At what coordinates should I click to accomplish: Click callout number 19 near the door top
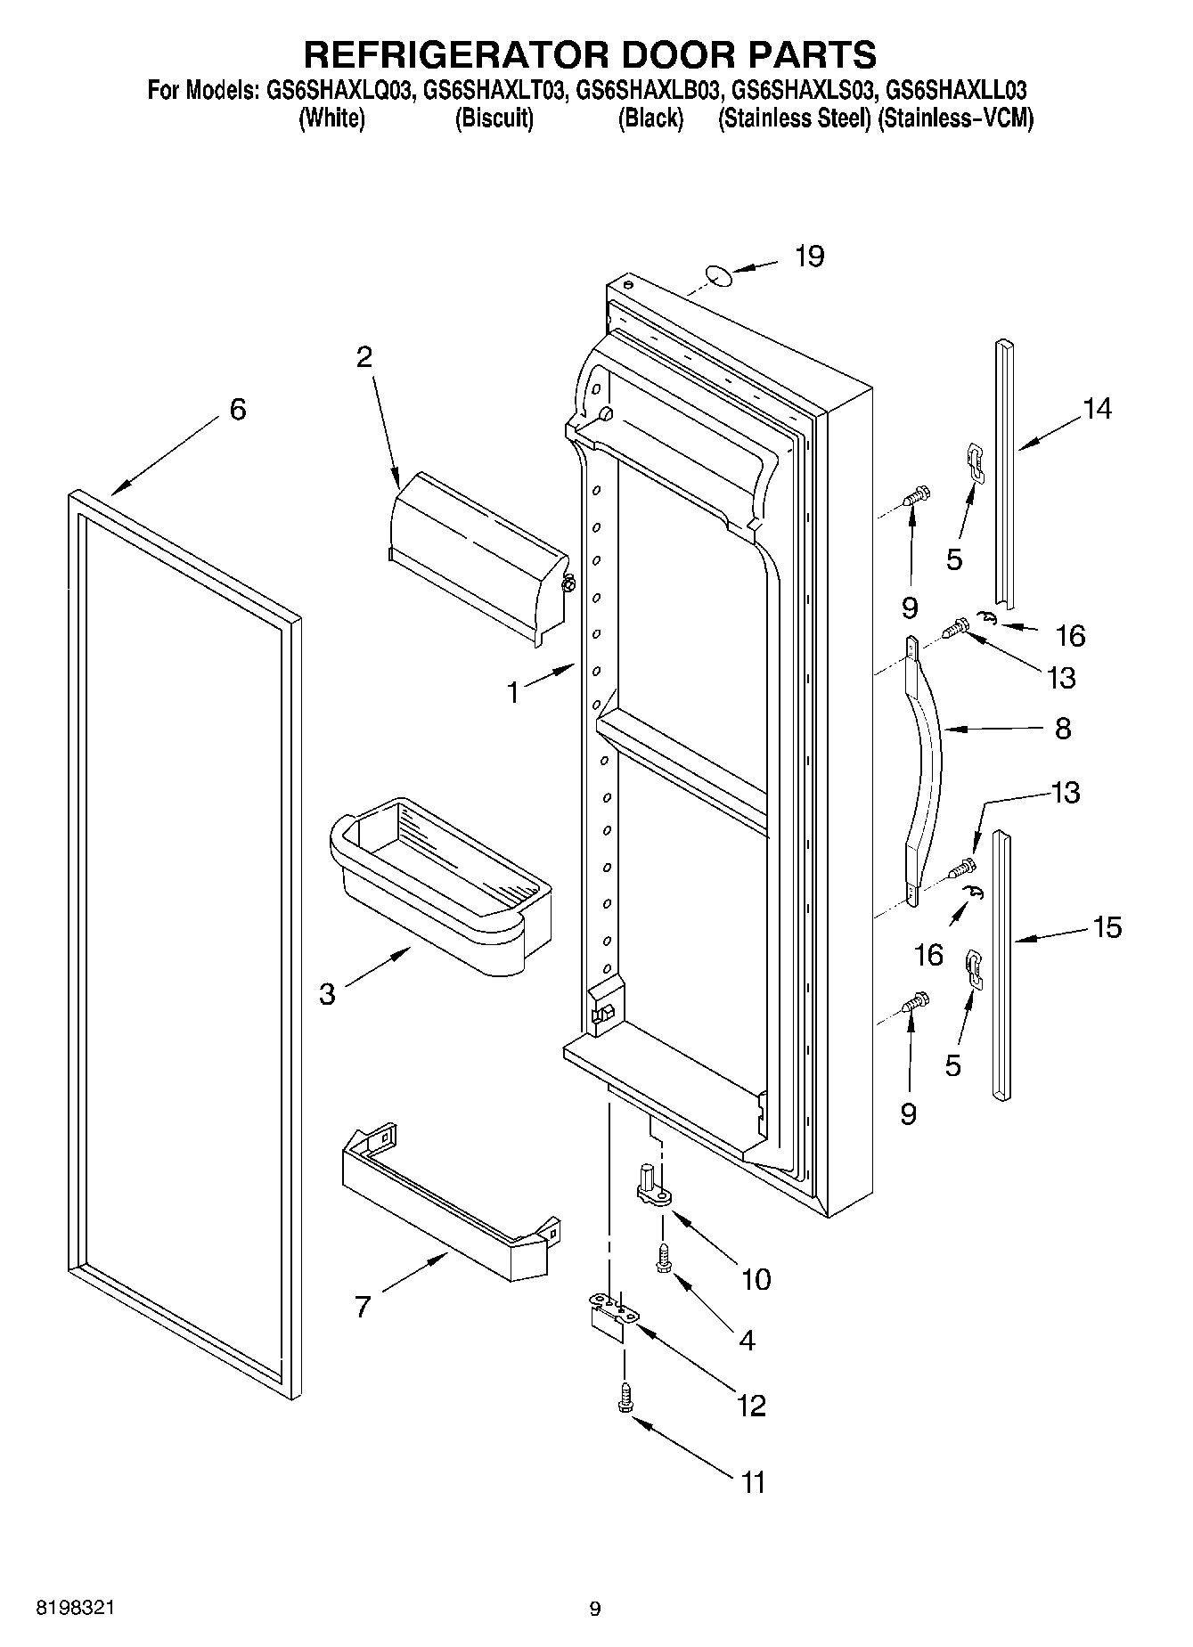(x=809, y=257)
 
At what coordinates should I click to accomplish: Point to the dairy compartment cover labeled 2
(x=479, y=557)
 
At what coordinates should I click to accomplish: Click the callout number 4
(x=747, y=1340)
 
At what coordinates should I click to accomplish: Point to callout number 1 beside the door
(x=513, y=692)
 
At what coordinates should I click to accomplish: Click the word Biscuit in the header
(x=494, y=118)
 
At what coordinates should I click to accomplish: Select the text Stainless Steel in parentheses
(x=794, y=118)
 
